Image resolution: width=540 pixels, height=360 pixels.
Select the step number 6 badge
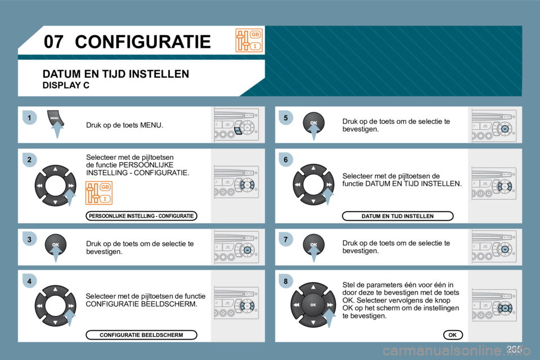click(x=285, y=160)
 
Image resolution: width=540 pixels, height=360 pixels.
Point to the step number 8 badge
click(x=285, y=281)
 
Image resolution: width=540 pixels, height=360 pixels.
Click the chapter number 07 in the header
click(x=54, y=41)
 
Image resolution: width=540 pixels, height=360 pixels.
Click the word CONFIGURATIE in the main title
click(x=142, y=41)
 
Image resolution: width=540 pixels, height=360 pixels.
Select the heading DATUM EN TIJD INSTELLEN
click(x=116, y=74)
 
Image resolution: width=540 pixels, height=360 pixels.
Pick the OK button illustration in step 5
click(x=313, y=122)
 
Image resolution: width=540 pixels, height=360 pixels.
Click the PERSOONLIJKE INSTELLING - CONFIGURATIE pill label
click(x=141, y=216)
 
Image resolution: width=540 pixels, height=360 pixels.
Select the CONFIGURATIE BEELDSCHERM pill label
click(x=141, y=335)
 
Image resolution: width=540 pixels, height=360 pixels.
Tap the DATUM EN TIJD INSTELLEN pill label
click(x=398, y=216)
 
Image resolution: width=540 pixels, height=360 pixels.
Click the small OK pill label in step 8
click(x=452, y=335)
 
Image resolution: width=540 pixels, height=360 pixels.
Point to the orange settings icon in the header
click(x=249, y=40)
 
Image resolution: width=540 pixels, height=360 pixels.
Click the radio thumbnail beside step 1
click(x=237, y=124)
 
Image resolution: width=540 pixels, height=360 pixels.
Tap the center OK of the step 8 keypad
click(x=313, y=304)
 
